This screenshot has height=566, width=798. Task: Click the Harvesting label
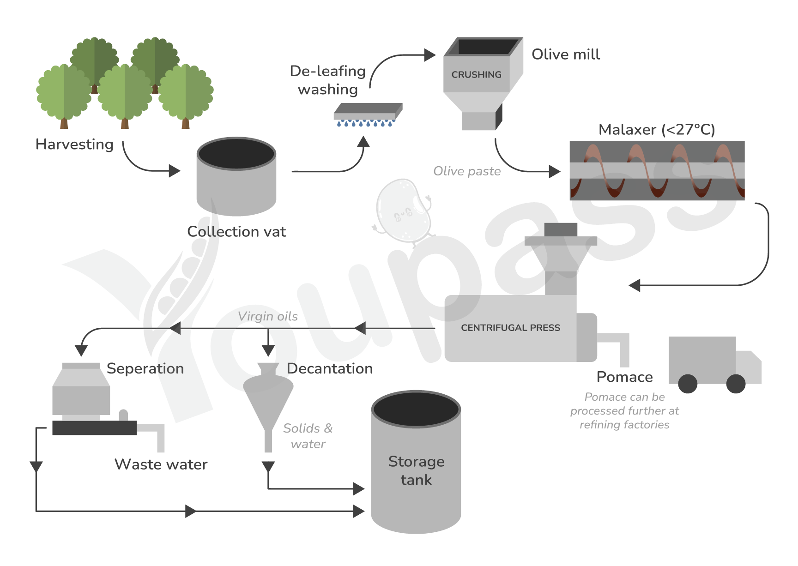74,145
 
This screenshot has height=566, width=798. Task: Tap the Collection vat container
236,176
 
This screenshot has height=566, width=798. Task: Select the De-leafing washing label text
328,80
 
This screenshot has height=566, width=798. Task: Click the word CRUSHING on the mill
476,74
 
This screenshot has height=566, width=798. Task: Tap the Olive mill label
566,54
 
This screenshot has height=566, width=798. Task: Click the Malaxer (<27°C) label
657,130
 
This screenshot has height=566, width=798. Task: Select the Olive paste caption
467,171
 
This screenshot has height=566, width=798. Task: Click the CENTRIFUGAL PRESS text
510,328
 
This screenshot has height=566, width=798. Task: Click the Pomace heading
624,377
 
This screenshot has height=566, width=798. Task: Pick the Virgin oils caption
268,316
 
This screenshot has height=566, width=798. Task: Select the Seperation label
145,369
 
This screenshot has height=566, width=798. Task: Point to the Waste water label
161,464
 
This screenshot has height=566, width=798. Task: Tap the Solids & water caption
308,436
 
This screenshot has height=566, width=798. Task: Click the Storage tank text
416,470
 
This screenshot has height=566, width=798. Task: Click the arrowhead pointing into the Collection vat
175,171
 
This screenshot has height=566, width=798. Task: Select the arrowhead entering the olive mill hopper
430,55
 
